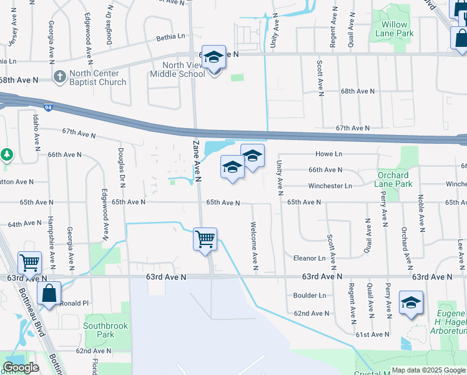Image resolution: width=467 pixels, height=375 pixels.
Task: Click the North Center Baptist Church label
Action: tap(97, 77)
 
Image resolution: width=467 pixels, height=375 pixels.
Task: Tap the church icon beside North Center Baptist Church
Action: tap(60, 77)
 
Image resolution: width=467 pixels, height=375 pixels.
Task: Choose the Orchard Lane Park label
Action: tap(392, 179)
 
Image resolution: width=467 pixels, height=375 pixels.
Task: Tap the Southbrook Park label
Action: tap(99, 330)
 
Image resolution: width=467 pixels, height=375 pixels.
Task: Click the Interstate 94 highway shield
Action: tap(48, 107)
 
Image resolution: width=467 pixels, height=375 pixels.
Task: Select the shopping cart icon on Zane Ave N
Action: tap(205, 239)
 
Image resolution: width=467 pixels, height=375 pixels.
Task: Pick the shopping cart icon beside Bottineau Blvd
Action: tap(29, 264)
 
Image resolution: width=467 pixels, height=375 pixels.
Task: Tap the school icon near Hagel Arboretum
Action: tap(410, 302)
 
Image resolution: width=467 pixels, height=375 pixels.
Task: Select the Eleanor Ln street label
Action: tap(310, 257)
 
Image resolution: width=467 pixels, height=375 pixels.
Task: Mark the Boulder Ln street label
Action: tap(310, 295)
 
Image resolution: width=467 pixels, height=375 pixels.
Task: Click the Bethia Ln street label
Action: tap(171, 37)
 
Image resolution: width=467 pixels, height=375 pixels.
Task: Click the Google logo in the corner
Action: tap(21, 367)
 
